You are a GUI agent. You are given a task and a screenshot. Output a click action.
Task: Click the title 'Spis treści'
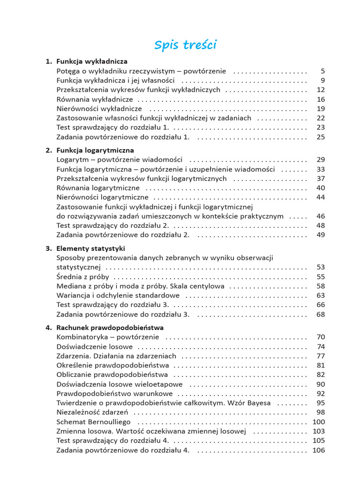click(x=186, y=45)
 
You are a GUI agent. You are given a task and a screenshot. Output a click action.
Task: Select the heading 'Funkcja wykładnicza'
click(x=92, y=61)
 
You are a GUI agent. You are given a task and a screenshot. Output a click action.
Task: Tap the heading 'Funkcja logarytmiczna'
click(x=95, y=150)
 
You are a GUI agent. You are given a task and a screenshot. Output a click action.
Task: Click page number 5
click(x=322, y=71)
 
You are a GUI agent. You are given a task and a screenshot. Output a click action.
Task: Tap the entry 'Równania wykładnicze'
click(x=95, y=99)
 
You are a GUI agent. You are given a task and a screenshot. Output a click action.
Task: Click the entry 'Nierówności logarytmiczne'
click(x=103, y=197)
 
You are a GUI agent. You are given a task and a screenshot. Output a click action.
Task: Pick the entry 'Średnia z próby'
click(x=83, y=277)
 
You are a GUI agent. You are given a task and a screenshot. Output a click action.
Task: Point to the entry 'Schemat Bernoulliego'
click(x=94, y=422)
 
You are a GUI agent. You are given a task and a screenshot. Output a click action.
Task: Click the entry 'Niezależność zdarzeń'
click(x=93, y=412)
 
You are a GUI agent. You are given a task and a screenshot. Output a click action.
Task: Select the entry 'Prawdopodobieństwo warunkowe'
click(x=114, y=394)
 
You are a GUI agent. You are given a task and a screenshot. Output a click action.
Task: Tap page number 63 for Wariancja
click(x=321, y=295)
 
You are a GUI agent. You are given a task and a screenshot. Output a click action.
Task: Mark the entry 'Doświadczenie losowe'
click(x=95, y=347)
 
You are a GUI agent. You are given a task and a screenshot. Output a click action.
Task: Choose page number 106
click(x=319, y=450)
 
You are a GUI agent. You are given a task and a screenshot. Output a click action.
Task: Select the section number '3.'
click(x=49, y=248)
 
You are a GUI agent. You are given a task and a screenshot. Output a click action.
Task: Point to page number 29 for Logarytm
click(x=321, y=160)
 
